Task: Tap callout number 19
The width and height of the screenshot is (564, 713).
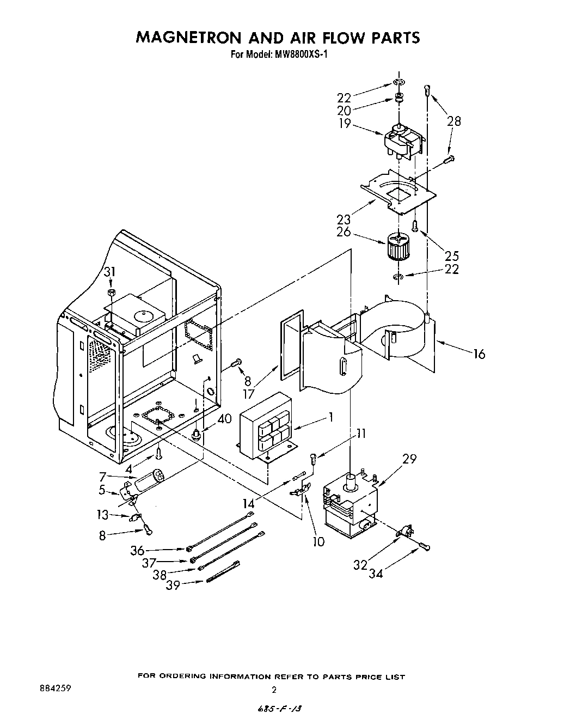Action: pos(344,124)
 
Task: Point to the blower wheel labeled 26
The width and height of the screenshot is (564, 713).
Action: pos(399,247)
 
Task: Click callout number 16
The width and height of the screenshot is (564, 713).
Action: pos(479,354)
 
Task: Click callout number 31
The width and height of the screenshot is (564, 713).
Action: pos(111,272)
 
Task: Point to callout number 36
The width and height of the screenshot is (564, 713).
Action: pos(137,551)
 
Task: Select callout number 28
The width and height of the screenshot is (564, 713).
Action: pos(453,121)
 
